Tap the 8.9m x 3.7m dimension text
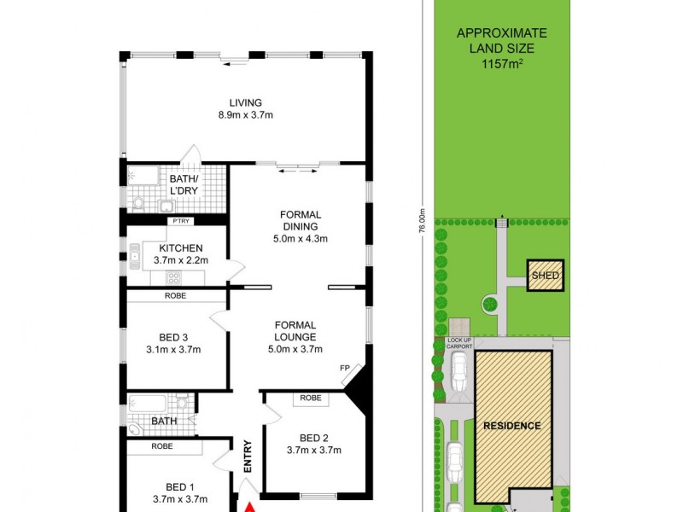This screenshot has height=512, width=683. (245, 115)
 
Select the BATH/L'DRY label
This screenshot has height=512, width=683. (184, 183)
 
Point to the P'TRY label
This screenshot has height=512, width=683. (180, 221)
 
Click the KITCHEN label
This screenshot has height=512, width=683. (179, 248)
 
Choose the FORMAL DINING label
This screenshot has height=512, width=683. (298, 220)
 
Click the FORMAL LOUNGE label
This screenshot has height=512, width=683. (295, 330)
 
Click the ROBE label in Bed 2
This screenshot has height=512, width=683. (311, 398)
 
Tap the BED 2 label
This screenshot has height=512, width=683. (313, 437)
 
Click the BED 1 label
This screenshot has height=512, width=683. (179, 487)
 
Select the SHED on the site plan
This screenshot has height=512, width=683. (545, 276)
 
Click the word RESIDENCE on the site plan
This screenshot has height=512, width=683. (512, 426)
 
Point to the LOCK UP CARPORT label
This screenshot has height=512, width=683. (459, 344)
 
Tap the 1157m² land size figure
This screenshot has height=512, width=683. (501, 62)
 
